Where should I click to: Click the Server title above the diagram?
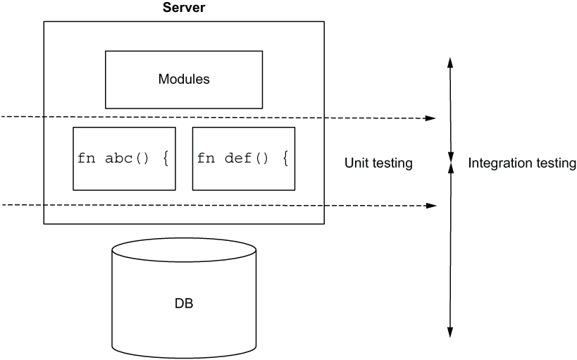tap(184, 7)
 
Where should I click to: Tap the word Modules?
tap(184, 79)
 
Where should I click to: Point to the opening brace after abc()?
tap(166, 159)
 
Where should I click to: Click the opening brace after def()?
tap(285, 159)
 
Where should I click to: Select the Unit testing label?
tap(378, 163)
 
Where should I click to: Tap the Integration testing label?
tap(522, 163)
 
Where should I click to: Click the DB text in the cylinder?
tap(184, 304)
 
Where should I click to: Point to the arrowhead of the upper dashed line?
tap(431, 118)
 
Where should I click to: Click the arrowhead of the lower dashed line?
tap(431, 206)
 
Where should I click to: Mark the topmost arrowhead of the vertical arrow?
tap(450, 63)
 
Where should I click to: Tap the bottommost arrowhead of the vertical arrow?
tap(450, 332)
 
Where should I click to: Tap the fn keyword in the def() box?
tap(206, 159)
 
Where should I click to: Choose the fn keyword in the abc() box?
tap(87, 159)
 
